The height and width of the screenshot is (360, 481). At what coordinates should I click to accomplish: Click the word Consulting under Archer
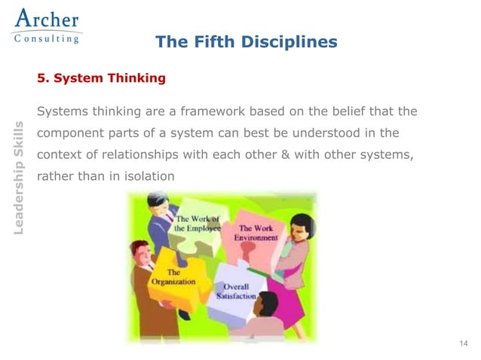coord(47,39)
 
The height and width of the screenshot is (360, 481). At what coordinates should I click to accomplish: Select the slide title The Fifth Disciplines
coord(246,42)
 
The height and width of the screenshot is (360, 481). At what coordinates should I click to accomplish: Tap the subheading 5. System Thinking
coord(101,78)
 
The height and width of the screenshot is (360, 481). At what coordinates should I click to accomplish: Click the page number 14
coord(463,344)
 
